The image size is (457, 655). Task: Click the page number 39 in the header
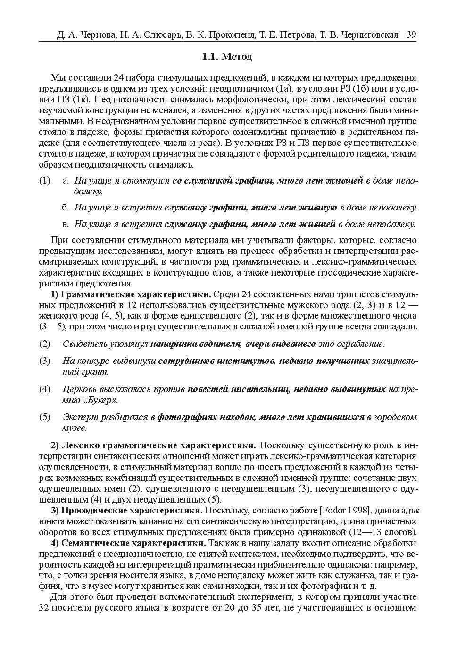410,35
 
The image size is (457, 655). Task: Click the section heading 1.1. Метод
227,57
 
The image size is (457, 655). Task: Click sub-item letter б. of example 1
66,207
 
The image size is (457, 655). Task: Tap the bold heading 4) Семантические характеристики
128,543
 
